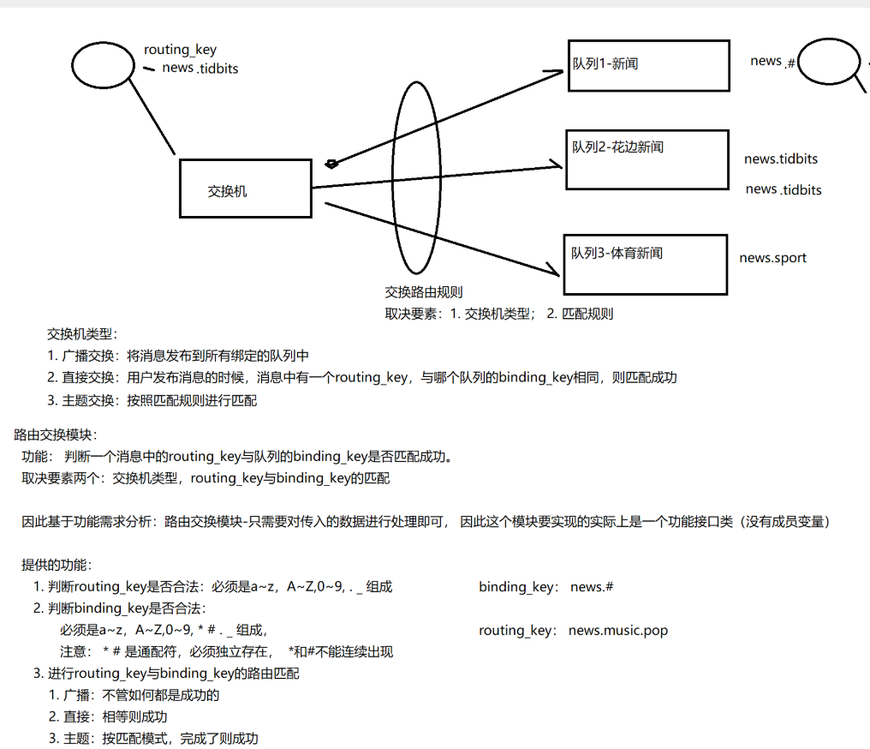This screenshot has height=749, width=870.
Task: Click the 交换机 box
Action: [x=244, y=188]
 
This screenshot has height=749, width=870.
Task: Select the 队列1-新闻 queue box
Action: [x=648, y=65]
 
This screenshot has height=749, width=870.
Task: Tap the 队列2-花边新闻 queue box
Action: [x=647, y=159]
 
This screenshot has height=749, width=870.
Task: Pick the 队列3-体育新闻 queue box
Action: [x=645, y=265]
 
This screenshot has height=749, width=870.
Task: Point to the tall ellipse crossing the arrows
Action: [x=416, y=180]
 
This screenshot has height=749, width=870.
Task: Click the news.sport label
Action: [x=772, y=258]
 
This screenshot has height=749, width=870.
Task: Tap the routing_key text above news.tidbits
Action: [x=180, y=51]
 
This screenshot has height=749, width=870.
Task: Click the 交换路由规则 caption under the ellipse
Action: [x=424, y=292]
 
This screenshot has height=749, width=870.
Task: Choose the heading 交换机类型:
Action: [x=82, y=334]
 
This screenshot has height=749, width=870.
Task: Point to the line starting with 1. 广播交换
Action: [x=178, y=356]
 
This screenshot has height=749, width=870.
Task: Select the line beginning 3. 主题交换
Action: [x=152, y=400]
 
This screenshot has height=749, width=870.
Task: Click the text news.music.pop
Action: [x=617, y=631]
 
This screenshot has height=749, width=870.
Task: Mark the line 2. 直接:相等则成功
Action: [x=108, y=716]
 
